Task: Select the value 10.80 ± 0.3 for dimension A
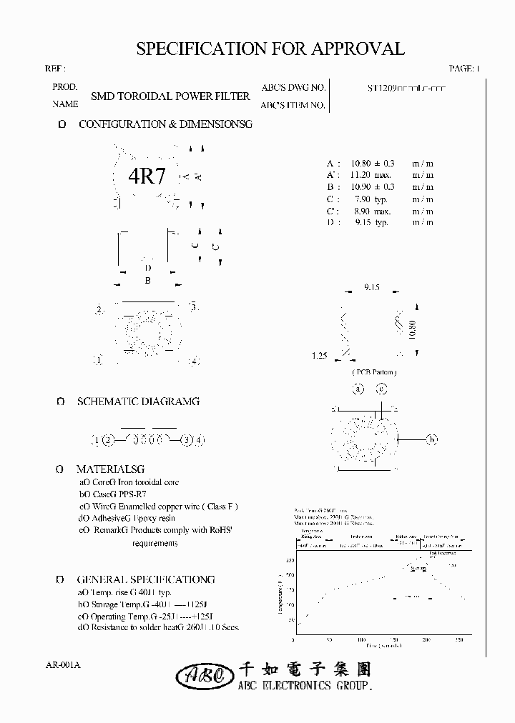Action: [x=371, y=163]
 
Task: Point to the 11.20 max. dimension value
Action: [x=370, y=175]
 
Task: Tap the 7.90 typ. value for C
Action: [x=371, y=199]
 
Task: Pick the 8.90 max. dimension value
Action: [x=371, y=211]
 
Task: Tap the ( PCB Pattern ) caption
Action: [x=374, y=372]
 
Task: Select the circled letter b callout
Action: [x=431, y=439]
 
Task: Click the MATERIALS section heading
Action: [x=111, y=469]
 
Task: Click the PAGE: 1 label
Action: [x=464, y=69]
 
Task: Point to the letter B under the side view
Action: [x=147, y=281]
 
